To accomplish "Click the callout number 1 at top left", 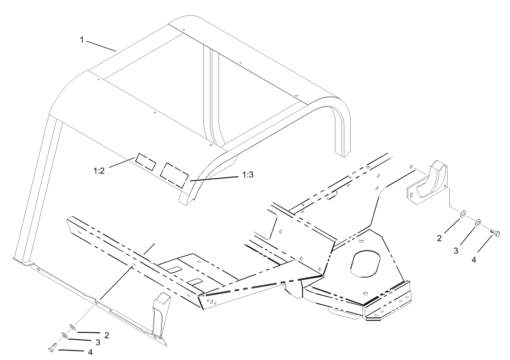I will (82, 40).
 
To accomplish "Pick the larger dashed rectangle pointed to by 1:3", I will (176, 173).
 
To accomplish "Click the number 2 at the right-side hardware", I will (439, 239).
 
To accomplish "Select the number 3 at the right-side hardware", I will (457, 250).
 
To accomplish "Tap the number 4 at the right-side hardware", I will (474, 260).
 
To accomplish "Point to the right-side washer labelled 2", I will (463, 213).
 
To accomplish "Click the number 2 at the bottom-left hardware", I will (107, 335).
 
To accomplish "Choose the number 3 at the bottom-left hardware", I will (97, 342).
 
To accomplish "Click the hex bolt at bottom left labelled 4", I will (51, 348).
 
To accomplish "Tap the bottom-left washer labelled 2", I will (72, 327).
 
